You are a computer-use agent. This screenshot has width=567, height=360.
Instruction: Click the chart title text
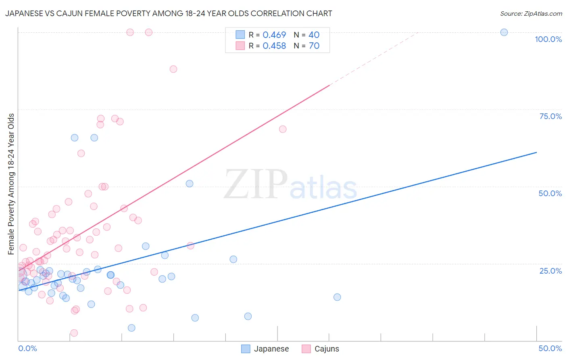tap(169, 13)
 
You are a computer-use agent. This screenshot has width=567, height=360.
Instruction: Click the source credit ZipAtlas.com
tap(531, 13)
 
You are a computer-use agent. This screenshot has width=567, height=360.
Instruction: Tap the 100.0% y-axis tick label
tap(548, 39)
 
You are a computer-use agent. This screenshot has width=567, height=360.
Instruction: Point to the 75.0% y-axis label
tap(550, 116)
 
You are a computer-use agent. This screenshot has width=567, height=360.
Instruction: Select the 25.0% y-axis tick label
tap(550, 271)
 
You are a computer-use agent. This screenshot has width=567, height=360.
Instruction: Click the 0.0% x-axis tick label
tap(27, 348)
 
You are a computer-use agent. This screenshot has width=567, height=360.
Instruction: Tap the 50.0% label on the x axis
tap(550, 348)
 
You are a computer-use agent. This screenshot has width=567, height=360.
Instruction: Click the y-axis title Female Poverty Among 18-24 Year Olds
tap(11, 184)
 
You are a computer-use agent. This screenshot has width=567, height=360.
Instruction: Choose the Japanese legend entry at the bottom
tap(265, 349)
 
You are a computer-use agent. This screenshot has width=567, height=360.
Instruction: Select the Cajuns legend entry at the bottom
tap(321, 349)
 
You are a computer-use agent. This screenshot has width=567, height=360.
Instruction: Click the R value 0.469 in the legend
tap(274, 35)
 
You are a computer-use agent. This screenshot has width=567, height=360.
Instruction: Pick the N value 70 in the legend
tap(314, 46)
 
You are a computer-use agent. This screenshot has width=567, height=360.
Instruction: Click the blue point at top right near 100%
tap(504, 32)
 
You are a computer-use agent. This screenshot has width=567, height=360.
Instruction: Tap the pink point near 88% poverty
tap(173, 69)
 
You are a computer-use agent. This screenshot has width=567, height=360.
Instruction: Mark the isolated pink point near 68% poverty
tap(283, 129)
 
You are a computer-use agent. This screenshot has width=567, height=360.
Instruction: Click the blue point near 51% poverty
tap(189, 184)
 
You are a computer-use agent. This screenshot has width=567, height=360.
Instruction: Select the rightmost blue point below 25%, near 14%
tap(337, 297)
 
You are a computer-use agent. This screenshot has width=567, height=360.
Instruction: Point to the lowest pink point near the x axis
tap(74, 333)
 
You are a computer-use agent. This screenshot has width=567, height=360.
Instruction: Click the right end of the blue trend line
tap(536, 152)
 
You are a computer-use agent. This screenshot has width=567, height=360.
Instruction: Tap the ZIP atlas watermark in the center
tap(290, 185)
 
